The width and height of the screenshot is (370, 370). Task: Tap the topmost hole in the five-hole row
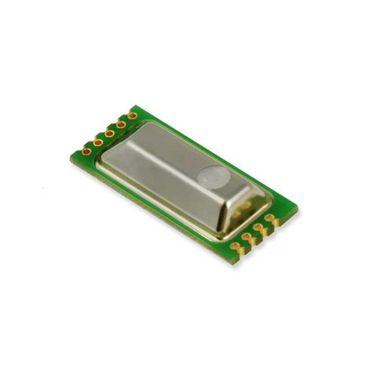click(132, 115)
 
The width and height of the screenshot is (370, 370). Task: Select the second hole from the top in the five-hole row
click(121, 124)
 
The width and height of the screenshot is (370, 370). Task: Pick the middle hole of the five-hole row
click(109, 133)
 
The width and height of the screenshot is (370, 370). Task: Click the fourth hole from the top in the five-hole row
click(98, 142)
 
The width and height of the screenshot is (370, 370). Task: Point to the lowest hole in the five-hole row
click(87, 151)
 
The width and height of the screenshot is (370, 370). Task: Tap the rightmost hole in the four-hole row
click(269, 217)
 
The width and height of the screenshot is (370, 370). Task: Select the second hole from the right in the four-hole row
click(258, 227)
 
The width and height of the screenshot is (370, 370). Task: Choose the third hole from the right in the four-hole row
click(246, 236)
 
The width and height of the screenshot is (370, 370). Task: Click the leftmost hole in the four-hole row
click(235, 246)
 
